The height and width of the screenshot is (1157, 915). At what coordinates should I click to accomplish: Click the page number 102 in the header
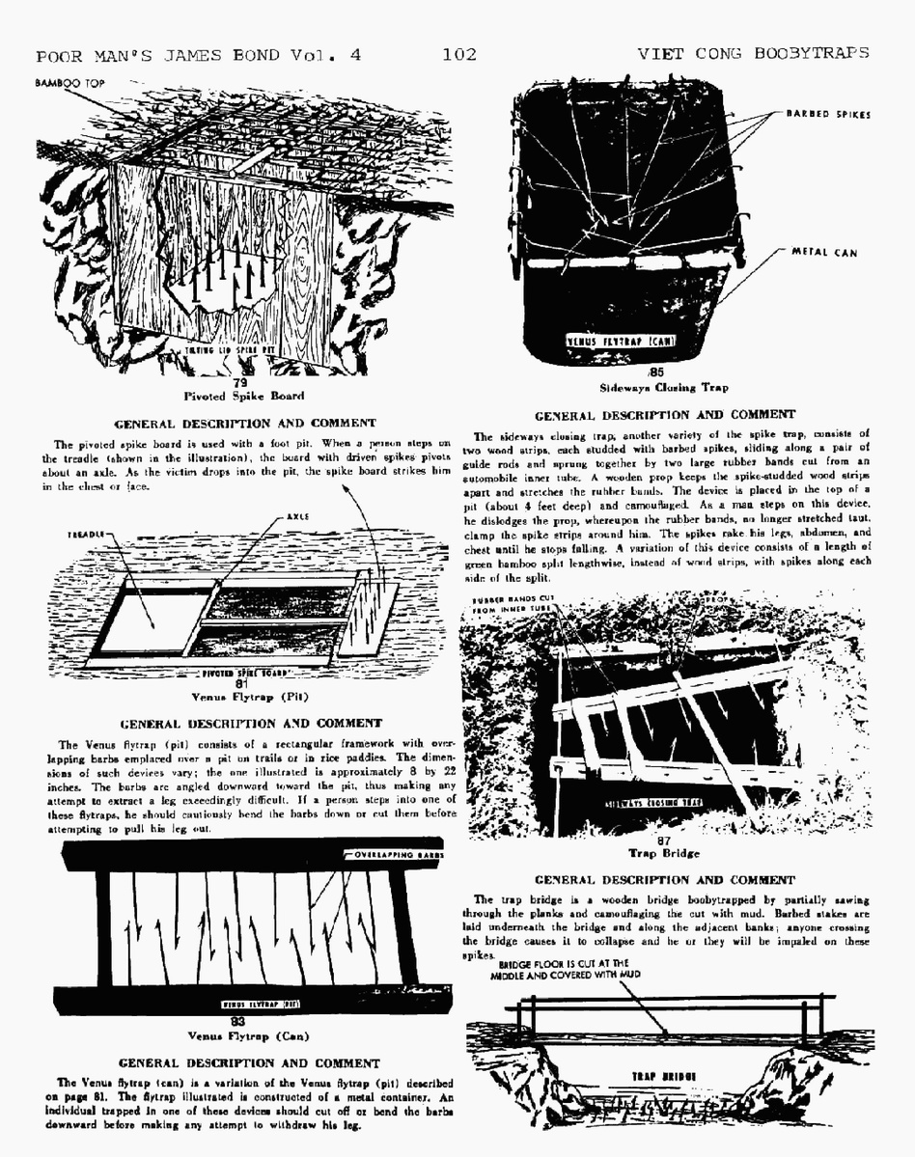(x=459, y=54)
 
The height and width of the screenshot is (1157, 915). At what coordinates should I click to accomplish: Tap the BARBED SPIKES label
(x=827, y=114)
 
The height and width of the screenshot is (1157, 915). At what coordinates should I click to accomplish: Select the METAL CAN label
(x=824, y=252)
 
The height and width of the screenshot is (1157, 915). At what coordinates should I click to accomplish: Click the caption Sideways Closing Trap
(x=663, y=388)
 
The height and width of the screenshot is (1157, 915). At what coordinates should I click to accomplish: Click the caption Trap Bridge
(x=663, y=853)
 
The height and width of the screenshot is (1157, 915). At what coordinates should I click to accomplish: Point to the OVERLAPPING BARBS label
(x=397, y=855)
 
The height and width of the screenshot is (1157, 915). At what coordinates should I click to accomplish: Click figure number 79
(x=241, y=382)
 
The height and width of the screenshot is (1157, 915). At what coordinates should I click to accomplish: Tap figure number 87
(x=663, y=840)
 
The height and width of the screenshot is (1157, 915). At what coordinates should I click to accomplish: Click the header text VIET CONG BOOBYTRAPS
(x=753, y=54)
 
